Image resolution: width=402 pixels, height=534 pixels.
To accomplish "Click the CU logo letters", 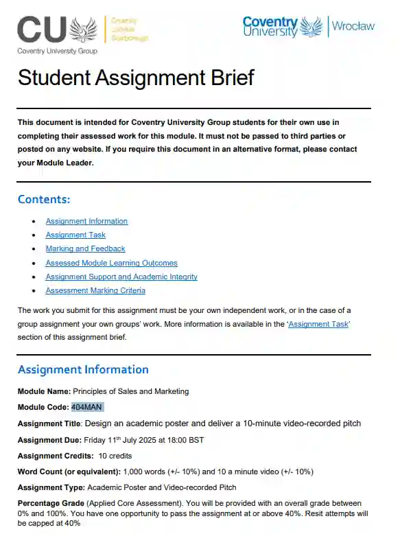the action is pos(42,30).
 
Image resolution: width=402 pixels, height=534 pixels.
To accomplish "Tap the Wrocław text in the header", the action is pos(353,26).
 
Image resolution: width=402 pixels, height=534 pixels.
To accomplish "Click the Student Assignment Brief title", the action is pos(136,78).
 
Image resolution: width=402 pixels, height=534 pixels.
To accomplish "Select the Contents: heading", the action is pos(44,200).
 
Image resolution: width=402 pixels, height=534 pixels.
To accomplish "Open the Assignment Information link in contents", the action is pos(86,221).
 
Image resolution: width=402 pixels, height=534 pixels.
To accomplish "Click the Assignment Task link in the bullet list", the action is pos(75,235).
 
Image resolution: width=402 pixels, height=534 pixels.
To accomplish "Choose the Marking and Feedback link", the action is pos(85,248).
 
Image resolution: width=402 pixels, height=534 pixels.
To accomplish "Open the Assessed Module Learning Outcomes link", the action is pos(111,263).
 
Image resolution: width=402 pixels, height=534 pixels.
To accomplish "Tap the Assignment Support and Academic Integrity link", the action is pos(121,277).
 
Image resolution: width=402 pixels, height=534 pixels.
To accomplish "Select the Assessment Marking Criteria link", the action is pos(95,290).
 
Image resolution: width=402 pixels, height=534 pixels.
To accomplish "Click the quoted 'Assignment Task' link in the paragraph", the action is pos(319,324).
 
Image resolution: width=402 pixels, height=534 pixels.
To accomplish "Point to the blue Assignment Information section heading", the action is pos(83,370).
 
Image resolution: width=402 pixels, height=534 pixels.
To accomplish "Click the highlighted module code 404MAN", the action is pos(87,407).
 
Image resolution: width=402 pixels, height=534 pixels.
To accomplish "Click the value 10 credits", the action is pos(115,456).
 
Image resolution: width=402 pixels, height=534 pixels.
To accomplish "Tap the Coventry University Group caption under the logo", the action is pos(57,51).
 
